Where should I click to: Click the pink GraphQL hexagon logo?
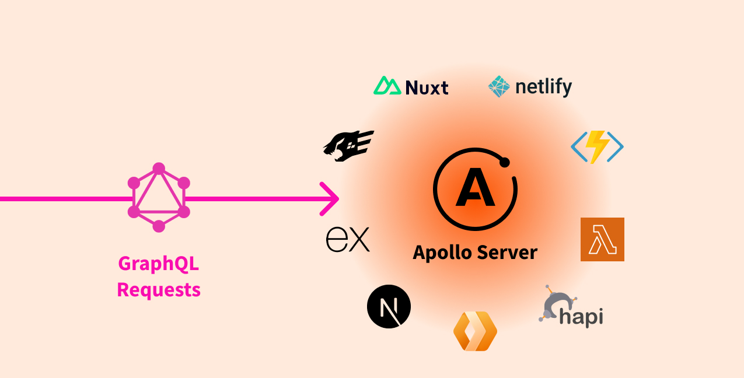click(x=159, y=197)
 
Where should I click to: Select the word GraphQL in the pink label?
click(x=159, y=264)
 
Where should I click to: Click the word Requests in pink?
click(x=159, y=289)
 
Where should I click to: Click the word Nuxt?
click(x=427, y=87)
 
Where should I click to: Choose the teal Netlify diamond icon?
click(x=499, y=86)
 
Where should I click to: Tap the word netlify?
click(x=543, y=87)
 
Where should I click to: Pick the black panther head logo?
click(x=348, y=145)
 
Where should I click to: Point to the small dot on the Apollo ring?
click(x=505, y=162)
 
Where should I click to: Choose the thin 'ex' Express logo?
click(x=348, y=240)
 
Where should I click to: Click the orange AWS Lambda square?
click(x=602, y=239)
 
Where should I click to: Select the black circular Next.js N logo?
click(x=389, y=306)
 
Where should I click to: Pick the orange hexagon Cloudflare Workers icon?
click(x=475, y=331)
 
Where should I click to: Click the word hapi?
click(x=581, y=317)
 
